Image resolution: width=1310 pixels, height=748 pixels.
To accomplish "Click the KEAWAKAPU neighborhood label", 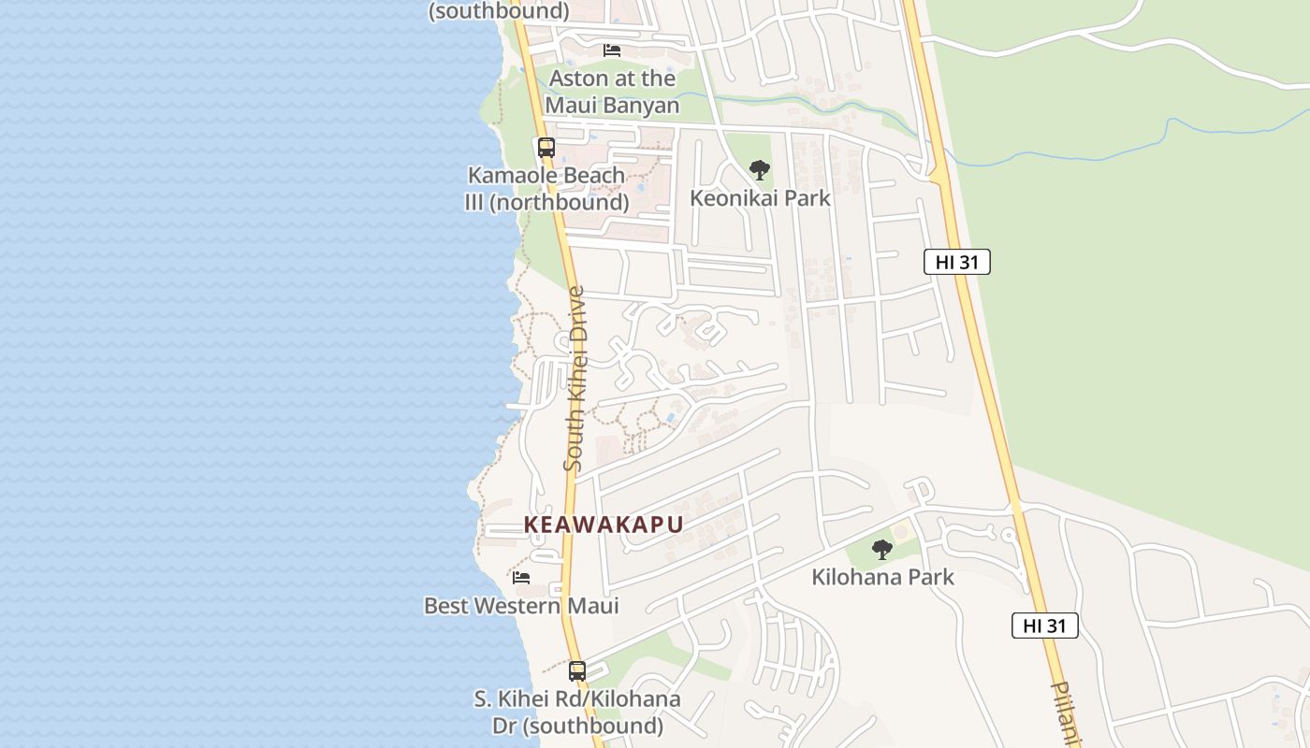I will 604,525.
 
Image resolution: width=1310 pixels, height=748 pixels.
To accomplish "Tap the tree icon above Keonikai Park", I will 760,170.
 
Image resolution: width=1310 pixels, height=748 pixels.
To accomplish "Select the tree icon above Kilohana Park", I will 881,549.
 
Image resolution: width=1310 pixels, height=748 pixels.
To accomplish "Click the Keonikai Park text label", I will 760,198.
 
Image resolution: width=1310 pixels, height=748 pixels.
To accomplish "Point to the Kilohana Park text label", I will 882,577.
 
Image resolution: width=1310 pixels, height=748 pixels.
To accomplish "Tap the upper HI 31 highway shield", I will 956,262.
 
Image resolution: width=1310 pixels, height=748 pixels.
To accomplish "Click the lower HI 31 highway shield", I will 1044,626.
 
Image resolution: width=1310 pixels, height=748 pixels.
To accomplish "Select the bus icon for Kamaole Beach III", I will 546,148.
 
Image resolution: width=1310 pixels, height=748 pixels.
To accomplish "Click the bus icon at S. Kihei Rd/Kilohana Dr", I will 577,670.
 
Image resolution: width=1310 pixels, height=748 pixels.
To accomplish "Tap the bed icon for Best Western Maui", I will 521,578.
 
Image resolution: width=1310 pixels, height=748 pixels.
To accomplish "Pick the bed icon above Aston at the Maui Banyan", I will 612,50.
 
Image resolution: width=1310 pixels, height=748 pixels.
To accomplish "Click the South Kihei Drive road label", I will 575,379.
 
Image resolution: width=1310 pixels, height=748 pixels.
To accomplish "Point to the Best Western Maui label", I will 521,606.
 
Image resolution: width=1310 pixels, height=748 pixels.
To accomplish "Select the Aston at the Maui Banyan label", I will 612,92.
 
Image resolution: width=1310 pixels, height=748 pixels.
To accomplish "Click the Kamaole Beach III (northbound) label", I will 546,189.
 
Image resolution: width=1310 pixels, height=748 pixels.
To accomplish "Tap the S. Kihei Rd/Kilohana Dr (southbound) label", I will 577,712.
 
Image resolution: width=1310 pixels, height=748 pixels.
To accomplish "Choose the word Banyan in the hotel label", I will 641,106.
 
